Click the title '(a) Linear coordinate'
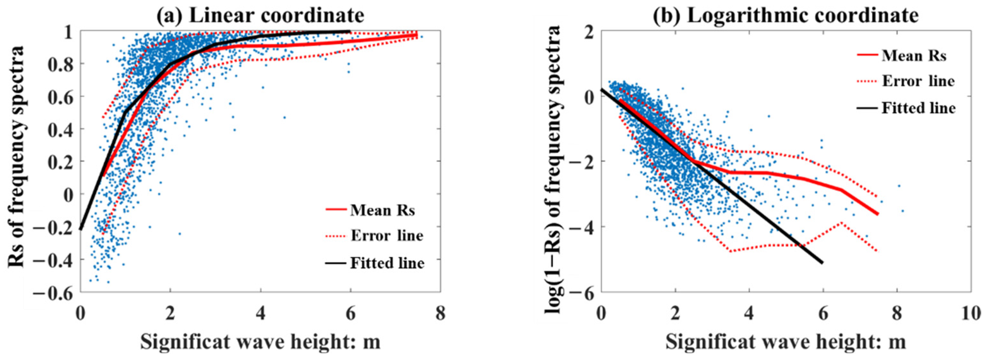pos(260,16)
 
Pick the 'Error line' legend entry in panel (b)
pos(918,81)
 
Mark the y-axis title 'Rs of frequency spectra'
pos(16,157)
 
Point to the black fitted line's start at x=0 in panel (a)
pos(81,229)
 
